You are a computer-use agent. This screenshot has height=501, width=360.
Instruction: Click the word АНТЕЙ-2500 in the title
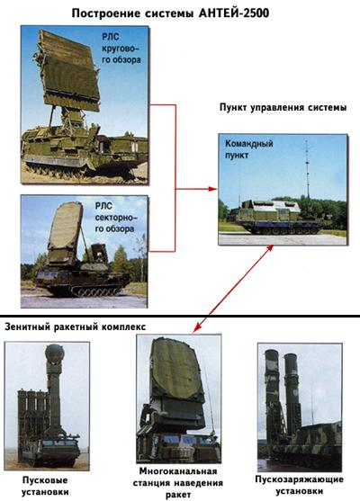pos(234,13)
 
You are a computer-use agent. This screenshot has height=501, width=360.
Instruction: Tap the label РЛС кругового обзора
pos(121,49)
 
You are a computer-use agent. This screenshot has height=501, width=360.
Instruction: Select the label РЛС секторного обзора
pos(115,218)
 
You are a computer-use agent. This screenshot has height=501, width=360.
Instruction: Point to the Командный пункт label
pos(249,149)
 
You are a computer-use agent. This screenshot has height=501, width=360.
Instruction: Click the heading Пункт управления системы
pos(283,107)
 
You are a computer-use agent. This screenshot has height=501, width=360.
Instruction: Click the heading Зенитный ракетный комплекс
pos(75,327)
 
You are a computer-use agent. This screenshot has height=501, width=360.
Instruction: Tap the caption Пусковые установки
pos(45,486)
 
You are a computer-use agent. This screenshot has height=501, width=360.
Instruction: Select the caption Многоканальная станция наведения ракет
pos(178,483)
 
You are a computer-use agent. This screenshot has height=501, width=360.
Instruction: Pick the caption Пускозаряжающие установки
pos(300,485)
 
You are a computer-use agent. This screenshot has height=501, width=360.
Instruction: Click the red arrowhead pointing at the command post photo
pos(213,189)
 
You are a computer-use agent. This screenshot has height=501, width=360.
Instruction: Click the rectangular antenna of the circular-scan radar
pos(69,71)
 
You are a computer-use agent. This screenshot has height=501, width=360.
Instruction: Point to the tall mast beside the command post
pos(307,169)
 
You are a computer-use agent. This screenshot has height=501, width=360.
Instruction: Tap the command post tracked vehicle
pos(276,218)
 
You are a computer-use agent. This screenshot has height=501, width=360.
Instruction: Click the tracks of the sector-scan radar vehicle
pos(88,290)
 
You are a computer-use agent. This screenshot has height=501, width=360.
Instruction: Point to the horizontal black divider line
pos(180,316)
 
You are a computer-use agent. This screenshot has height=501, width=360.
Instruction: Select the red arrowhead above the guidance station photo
pos(198,327)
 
